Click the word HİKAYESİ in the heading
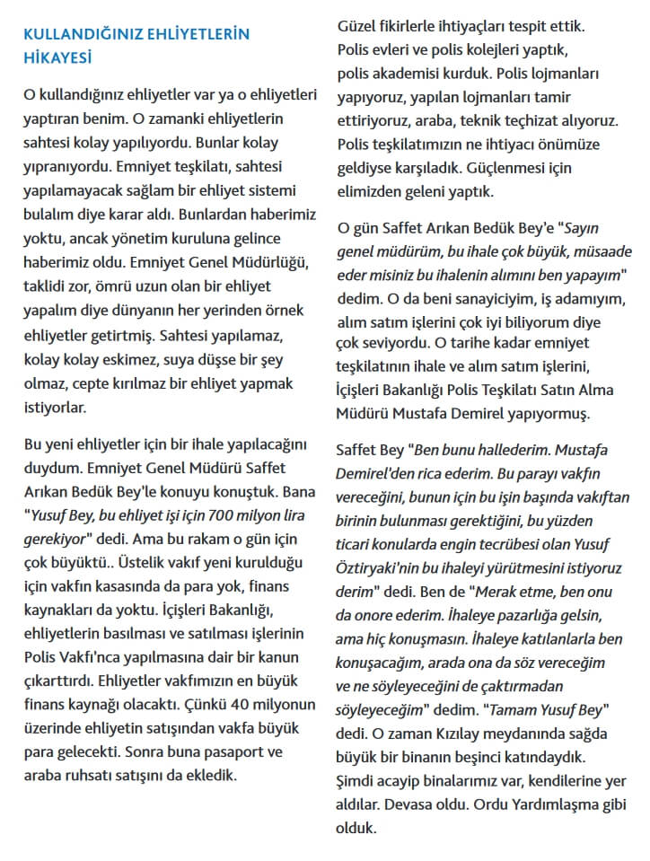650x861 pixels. [x=59, y=57]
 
